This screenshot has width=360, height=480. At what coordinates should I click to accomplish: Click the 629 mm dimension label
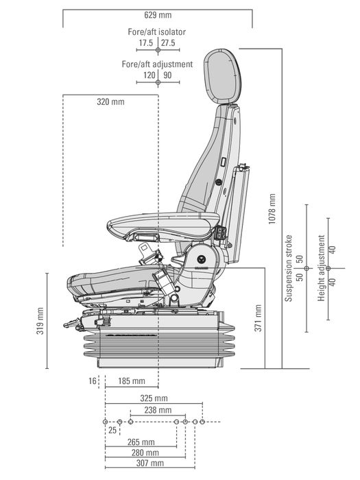pos(157,14)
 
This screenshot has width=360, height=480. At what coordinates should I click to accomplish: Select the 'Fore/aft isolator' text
pos(157,32)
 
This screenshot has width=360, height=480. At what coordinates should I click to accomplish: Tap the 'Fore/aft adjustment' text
pos(157,64)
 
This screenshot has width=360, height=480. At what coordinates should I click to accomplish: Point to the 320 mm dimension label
pos(110,102)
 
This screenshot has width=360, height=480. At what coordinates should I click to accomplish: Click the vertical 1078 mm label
pos(272,208)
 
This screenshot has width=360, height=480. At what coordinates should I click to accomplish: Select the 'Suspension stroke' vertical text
pos(289,267)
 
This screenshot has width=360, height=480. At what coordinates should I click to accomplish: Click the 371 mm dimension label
pos(258,317)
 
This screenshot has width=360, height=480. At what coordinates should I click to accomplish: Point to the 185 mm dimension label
pos(131,381)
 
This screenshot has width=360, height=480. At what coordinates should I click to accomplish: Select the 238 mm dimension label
pos(154,410)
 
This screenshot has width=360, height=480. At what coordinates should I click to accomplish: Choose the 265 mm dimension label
pos(141,442)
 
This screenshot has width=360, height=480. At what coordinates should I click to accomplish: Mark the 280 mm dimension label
pos(145,453)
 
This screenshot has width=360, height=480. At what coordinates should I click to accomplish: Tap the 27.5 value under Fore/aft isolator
pos(168,43)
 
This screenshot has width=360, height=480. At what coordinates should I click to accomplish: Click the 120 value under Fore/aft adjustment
pos(149,75)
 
